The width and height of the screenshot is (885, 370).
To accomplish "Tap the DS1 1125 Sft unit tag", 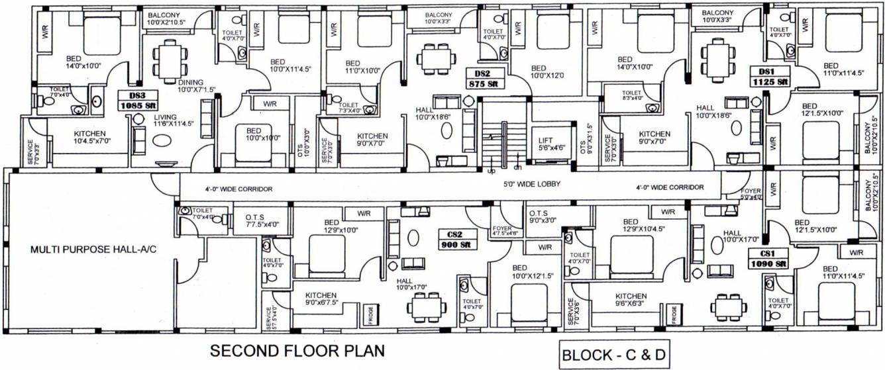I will [772, 77].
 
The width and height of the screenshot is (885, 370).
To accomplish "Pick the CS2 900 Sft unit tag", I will [454, 239].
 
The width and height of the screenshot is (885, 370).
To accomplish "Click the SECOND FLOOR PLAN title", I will [297, 350].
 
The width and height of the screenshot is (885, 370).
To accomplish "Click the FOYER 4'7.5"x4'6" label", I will [505, 230].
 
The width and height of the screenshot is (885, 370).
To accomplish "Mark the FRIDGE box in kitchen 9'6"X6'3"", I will [674, 314].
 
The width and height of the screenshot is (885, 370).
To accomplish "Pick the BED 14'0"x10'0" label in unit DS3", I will [74, 62].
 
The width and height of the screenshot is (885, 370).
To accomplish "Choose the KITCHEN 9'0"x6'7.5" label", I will [321, 299].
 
